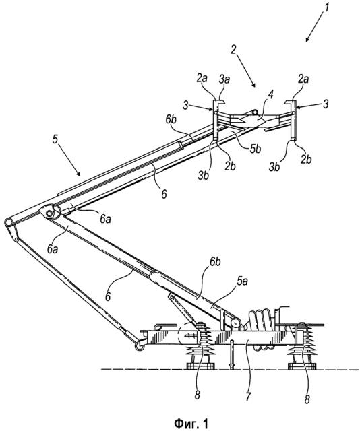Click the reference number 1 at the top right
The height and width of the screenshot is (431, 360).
pos(326,7)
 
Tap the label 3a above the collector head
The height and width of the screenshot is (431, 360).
pos(224,79)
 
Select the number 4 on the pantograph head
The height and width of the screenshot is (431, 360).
pos(270,96)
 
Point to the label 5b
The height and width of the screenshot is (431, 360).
pos(255,149)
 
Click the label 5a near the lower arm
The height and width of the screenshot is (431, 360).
pos(243,281)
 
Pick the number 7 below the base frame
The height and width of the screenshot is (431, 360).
pos(248,397)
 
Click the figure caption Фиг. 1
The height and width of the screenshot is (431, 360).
pos(191,423)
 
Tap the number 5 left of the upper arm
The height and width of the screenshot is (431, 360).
pos(55,139)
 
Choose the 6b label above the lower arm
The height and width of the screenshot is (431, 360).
pos(215,262)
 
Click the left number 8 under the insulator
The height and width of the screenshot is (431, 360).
pos(197,395)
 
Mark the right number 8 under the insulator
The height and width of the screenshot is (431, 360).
pos(307,399)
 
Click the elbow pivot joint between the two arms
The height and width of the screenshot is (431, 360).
pos(49,213)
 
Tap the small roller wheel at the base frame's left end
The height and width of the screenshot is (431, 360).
pos(139,347)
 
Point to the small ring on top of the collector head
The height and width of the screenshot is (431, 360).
pos(256,112)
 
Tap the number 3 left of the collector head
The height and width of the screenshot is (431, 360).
pos(186,105)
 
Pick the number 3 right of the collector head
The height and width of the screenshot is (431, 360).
pos(326,104)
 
